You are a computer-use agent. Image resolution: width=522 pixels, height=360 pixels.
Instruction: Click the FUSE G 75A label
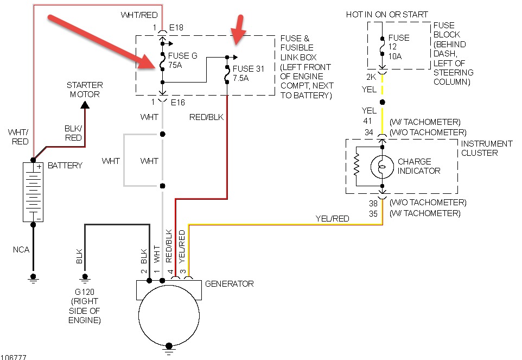[x=182, y=60]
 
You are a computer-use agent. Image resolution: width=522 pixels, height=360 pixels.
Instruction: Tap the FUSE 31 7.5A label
[x=248, y=73]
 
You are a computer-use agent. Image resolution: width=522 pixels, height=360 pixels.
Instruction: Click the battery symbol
[x=33, y=192]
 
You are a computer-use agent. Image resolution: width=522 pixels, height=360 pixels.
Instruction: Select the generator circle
[x=169, y=315]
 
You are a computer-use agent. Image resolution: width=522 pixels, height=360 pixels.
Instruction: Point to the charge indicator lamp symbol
[x=382, y=167]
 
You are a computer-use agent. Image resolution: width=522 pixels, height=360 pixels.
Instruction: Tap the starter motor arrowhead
[x=85, y=105]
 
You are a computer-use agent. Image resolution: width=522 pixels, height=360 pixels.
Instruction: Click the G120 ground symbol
[x=85, y=278]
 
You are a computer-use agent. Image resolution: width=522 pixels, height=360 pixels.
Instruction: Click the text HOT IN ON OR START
[x=387, y=15]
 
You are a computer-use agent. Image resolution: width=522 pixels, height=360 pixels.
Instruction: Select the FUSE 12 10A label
[x=398, y=47]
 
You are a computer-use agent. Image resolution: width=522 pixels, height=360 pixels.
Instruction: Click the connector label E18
[x=176, y=27]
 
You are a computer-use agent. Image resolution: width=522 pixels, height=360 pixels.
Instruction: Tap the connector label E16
[x=178, y=102]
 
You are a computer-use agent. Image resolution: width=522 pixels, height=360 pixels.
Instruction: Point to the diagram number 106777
[x=14, y=357]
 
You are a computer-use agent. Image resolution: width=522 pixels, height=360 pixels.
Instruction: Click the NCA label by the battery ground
[x=21, y=249]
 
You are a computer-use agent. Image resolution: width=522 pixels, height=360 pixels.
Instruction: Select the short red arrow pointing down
[x=239, y=29]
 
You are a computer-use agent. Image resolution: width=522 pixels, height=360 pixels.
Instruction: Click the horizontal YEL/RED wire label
[x=332, y=218]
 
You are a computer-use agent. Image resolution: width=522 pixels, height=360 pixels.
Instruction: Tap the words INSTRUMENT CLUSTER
[x=487, y=148]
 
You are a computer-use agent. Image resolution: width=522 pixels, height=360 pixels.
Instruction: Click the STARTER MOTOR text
[x=85, y=90]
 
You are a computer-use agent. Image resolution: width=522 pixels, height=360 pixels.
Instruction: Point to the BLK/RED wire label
[x=73, y=133]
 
